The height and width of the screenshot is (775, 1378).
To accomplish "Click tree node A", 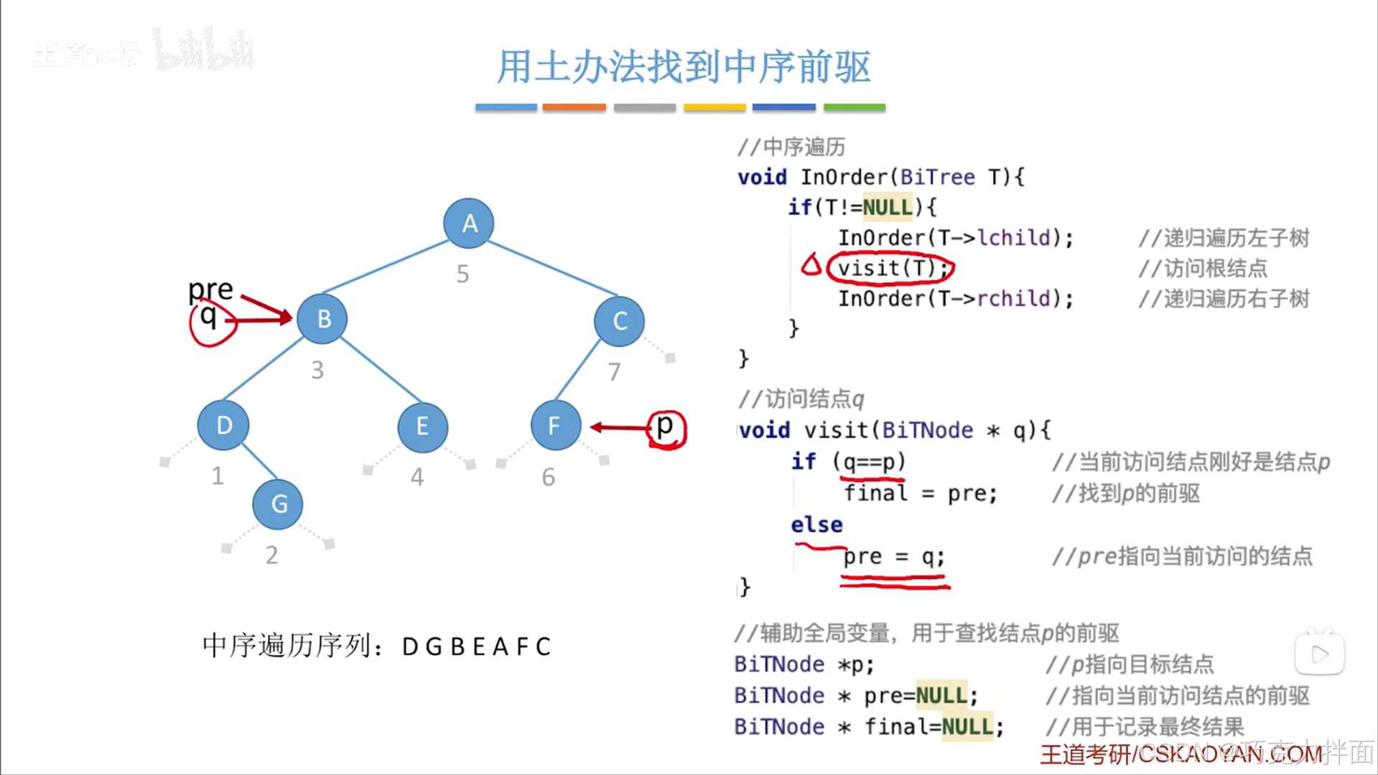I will [468, 223].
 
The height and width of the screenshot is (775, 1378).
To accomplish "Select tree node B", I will [322, 318].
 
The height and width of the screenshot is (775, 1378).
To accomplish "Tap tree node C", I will [619, 321].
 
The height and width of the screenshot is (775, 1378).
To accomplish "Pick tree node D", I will [223, 425].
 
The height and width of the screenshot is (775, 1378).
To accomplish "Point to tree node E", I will [422, 427].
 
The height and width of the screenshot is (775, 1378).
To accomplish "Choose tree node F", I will [555, 426].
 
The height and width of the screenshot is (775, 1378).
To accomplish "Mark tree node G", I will [278, 504].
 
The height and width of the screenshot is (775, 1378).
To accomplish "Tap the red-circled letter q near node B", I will [209, 317].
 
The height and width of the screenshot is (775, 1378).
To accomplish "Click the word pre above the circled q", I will [210, 289].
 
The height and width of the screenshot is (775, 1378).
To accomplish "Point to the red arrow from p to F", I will [619, 427].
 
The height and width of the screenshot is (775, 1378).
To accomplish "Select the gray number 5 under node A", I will [462, 274].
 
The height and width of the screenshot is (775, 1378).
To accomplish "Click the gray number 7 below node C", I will [614, 371].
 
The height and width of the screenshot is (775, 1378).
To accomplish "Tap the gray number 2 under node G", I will [271, 555].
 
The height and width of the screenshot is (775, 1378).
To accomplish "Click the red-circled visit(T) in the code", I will [889, 268].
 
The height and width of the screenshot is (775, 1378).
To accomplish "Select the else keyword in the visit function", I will [816, 524].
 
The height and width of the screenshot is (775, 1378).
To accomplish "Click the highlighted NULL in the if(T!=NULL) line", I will [888, 208].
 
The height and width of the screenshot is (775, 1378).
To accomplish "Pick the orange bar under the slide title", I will [574, 107].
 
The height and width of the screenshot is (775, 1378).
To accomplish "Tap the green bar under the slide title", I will [854, 107].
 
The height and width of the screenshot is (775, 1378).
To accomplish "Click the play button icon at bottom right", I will [1319, 653].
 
